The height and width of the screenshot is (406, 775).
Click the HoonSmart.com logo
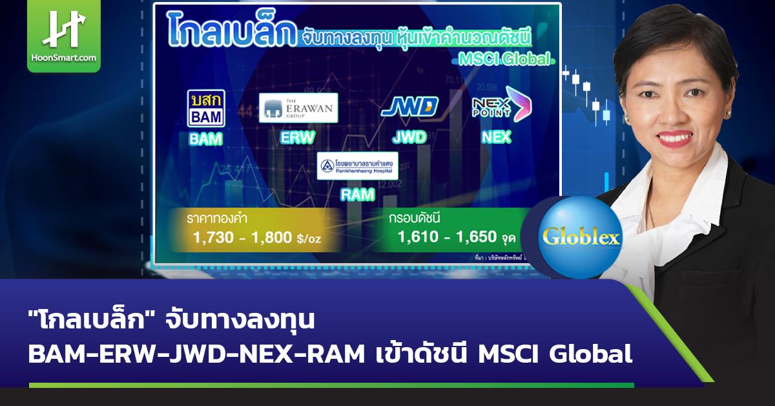[x=64, y=36]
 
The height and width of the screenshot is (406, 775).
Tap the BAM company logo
[x=205, y=108]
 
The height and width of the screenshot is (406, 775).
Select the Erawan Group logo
[x=298, y=107]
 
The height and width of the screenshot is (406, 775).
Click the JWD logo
[x=409, y=107]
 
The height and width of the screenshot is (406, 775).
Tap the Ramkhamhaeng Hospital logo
[x=357, y=166]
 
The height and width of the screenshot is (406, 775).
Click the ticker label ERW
[x=298, y=138]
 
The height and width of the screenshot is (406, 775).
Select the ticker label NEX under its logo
[x=496, y=136]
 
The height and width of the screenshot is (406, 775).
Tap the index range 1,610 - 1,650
[x=447, y=238]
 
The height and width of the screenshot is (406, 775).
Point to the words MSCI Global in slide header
[x=504, y=59]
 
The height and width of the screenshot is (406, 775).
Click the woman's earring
[x=727, y=113]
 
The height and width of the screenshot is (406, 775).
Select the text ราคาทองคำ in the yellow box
[x=214, y=219]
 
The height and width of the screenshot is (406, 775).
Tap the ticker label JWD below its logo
[x=409, y=137]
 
